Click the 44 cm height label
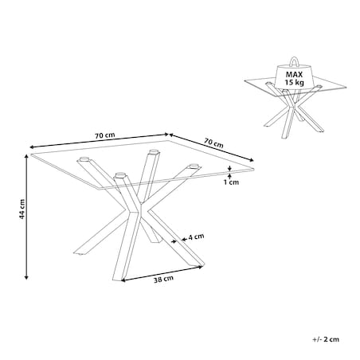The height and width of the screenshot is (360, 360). click(x=22, y=209)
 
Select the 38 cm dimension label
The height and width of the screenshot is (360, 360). click(x=163, y=279)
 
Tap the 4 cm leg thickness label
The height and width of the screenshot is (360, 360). click(x=196, y=237)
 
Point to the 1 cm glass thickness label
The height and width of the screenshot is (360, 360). click(x=231, y=182)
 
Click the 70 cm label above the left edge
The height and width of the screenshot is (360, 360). click(x=105, y=135)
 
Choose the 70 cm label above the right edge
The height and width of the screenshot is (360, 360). click(x=213, y=143)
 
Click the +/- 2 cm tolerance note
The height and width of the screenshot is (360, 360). click(x=326, y=339)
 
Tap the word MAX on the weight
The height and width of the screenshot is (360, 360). click(x=294, y=75)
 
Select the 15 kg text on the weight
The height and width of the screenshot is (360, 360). click(x=294, y=82)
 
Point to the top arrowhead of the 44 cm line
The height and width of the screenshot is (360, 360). click(x=26, y=156)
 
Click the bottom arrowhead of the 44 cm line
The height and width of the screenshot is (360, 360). click(x=26, y=277)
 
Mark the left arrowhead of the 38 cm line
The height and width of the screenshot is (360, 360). click(x=123, y=280)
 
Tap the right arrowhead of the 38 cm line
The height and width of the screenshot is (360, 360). click(x=201, y=267)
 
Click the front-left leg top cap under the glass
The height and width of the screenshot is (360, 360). click(x=120, y=175)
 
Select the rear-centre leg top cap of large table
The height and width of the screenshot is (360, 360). click(x=153, y=152)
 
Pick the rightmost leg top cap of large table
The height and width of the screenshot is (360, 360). click(x=193, y=166)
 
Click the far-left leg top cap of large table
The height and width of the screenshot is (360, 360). click(x=84, y=159)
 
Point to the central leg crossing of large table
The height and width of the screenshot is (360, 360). click(x=138, y=209)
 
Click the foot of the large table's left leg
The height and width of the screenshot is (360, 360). click(x=80, y=252)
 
